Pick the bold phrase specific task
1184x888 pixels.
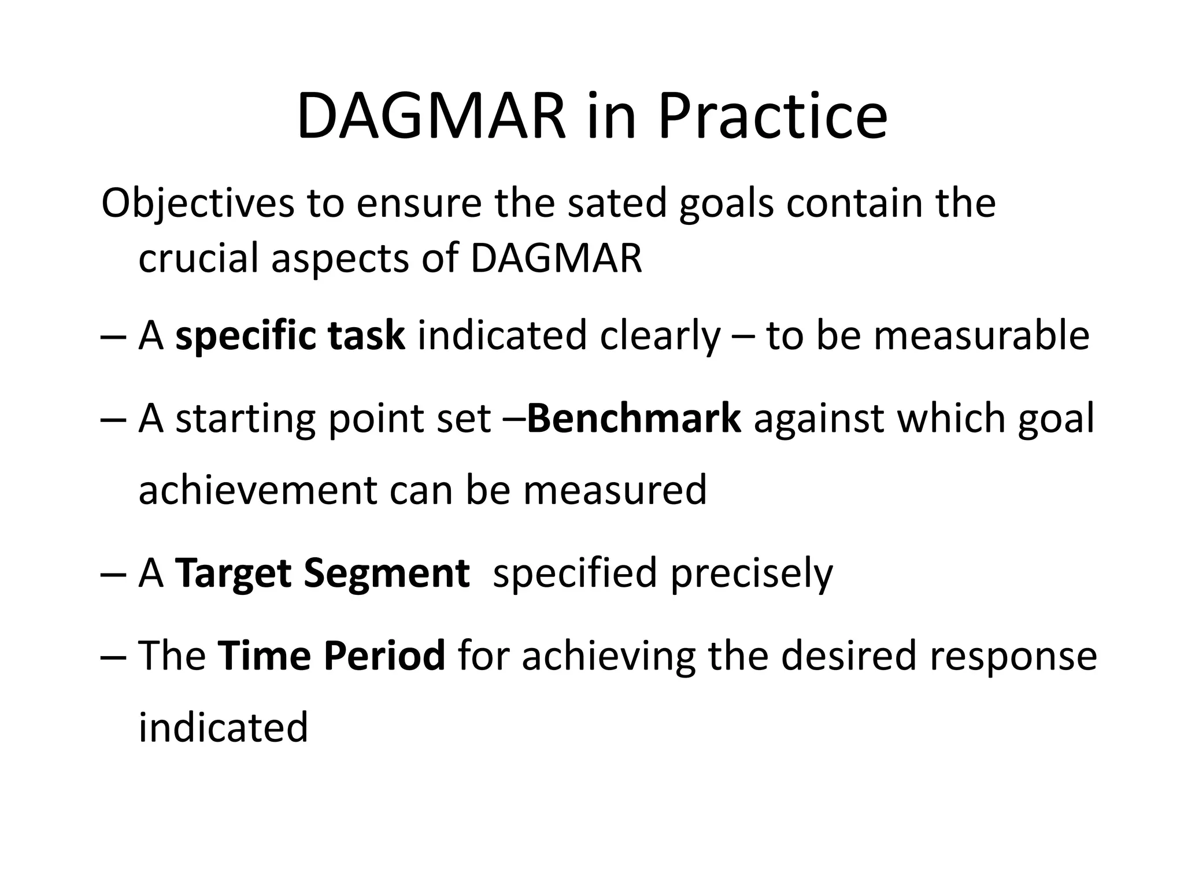(290, 336)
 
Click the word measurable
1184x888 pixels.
(981, 336)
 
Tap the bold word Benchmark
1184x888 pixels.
(634, 419)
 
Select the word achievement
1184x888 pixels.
(258, 490)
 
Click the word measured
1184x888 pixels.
(615, 490)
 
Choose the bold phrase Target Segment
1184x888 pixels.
(322, 573)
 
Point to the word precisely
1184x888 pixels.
(752, 573)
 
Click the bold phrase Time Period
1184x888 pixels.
(332, 656)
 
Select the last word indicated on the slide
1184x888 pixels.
(223, 728)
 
